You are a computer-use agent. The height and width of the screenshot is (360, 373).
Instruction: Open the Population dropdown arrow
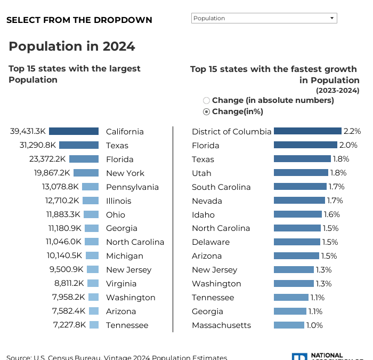click(332, 18)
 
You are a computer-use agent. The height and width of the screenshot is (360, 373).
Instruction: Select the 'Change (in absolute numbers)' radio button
click(207, 100)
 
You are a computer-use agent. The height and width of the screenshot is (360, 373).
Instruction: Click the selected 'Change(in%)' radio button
click(207, 112)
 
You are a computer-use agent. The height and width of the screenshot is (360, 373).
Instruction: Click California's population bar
click(77, 131)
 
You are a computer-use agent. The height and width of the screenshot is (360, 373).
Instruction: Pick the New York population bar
click(86, 173)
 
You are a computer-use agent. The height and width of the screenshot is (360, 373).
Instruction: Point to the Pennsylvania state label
click(132, 187)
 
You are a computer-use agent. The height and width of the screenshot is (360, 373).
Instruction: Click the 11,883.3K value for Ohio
click(63, 214)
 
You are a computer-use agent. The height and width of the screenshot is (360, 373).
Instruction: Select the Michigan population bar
click(92, 255)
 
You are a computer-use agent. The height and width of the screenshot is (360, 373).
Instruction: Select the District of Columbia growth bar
click(307, 131)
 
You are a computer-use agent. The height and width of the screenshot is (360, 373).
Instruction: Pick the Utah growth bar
click(301, 173)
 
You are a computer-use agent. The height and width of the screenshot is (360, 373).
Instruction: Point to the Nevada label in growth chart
click(207, 201)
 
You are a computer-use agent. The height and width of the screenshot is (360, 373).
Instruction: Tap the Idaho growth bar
click(298, 214)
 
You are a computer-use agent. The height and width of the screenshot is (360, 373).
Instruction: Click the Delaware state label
click(210, 242)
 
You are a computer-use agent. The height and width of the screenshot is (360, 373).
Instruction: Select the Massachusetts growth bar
click(289, 325)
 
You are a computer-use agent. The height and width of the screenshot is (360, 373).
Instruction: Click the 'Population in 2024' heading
click(72, 46)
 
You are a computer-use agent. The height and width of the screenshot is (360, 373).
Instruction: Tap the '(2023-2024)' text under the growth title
click(337, 90)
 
